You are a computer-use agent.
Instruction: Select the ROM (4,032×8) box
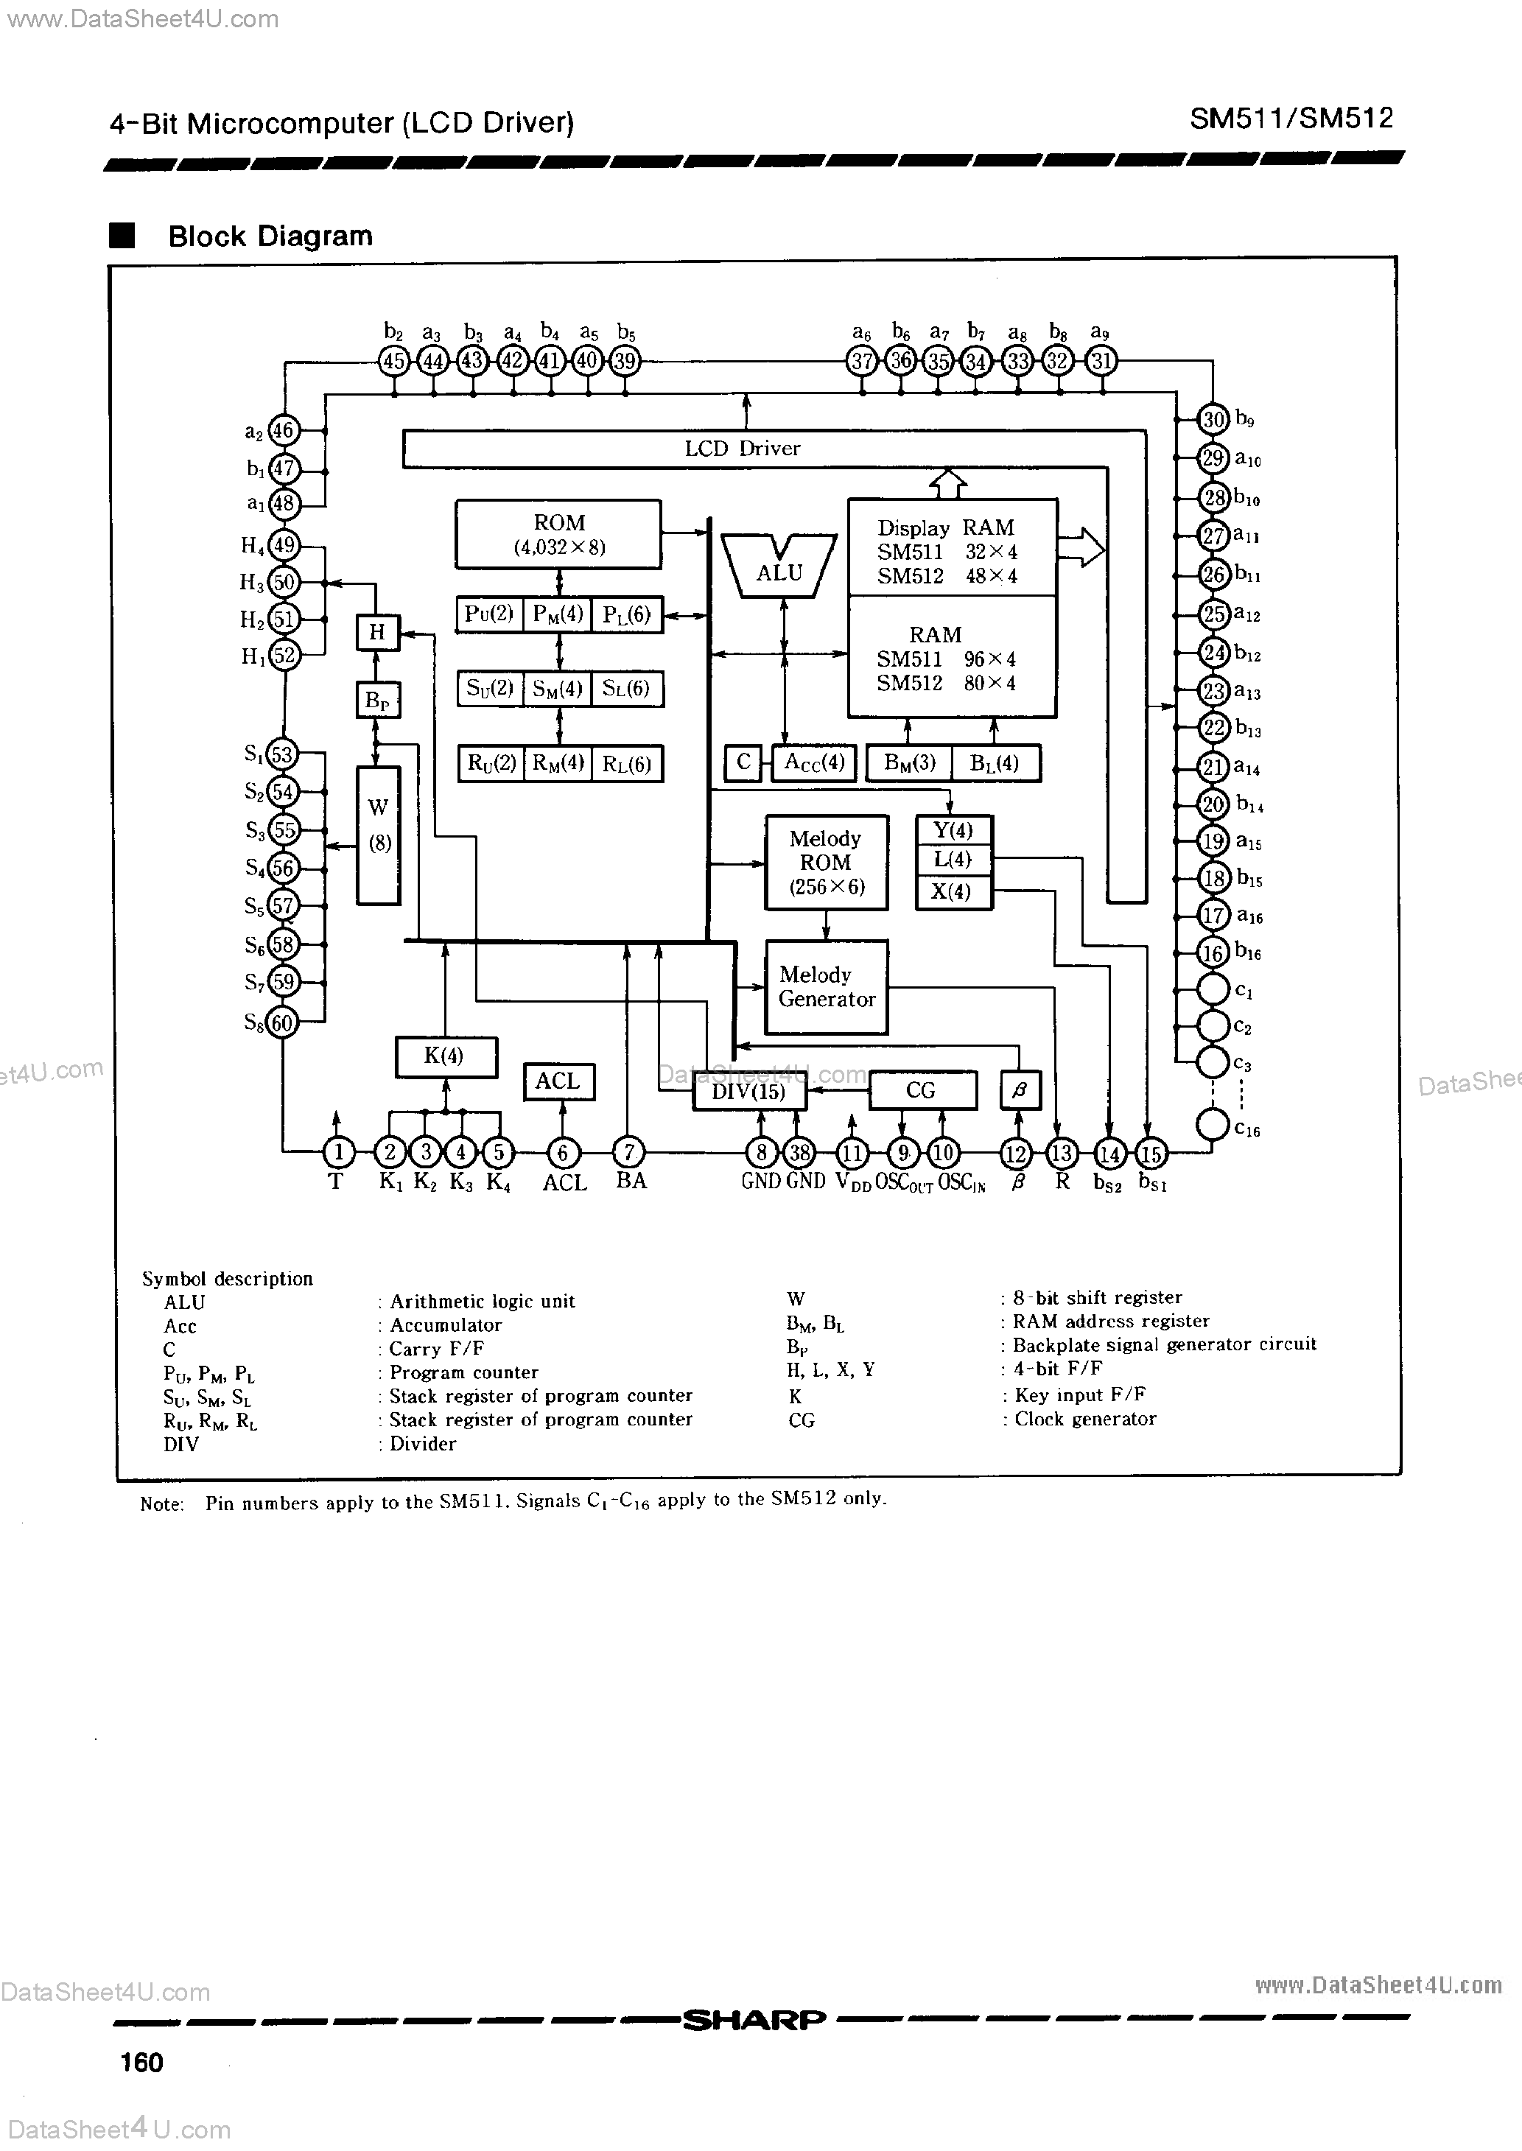[x=558, y=534]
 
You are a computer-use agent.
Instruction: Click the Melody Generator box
[x=826, y=987]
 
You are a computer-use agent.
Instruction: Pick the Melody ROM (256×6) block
[x=826, y=862]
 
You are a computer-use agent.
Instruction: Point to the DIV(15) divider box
[x=748, y=1092]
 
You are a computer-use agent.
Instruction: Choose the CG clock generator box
[x=922, y=1090]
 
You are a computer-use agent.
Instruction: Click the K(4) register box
[x=444, y=1057]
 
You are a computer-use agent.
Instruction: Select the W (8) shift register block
[x=379, y=835]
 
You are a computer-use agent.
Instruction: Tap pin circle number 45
[x=393, y=361]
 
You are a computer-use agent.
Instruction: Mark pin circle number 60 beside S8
[x=282, y=1022]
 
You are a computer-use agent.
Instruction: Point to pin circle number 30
[x=1213, y=420]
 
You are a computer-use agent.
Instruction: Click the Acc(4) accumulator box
[x=815, y=762]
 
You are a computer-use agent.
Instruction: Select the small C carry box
[x=743, y=762]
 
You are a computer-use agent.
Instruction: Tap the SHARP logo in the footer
[x=754, y=2020]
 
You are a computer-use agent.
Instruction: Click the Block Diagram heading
[x=270, y=236]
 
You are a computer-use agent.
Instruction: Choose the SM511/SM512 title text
[x=1291, y=118]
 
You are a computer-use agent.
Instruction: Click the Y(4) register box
[x=953, y=831]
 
